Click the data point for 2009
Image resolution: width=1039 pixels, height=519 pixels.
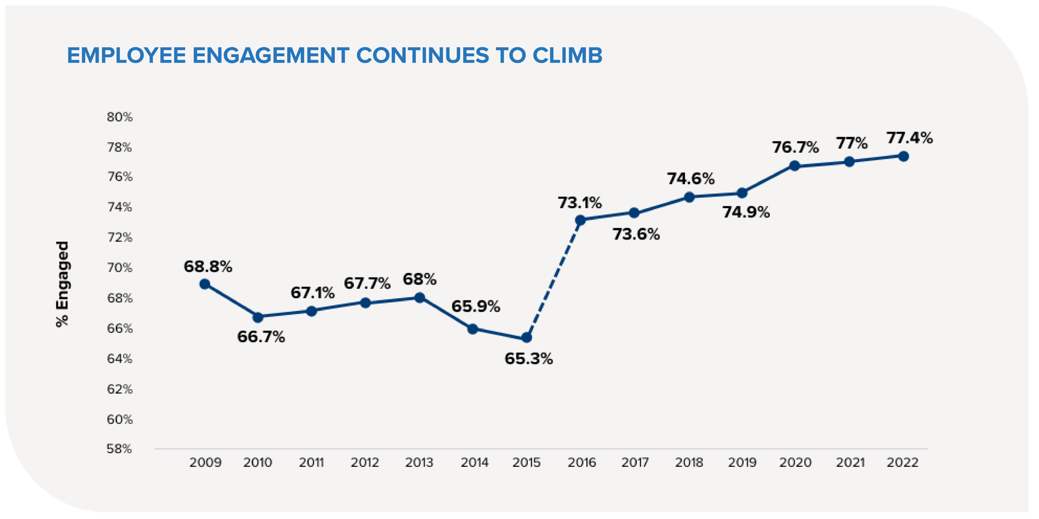pos(205,284)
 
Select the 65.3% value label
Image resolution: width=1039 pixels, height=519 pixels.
pos(528,359)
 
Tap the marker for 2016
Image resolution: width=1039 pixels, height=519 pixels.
pos(580,220)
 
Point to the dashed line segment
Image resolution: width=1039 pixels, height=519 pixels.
pos(554,279)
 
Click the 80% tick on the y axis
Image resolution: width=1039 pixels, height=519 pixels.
pos(120,117)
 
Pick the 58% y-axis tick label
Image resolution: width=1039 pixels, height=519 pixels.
pos(119,449)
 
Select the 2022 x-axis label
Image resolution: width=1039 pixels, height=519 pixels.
pos(902,462)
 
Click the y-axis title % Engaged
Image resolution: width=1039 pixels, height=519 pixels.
pos(62,284)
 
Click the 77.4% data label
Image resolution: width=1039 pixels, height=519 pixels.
pos(909,138)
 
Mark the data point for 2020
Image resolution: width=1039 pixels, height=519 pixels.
pos(795,166)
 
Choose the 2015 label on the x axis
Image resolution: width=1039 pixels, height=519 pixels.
pos(526,462)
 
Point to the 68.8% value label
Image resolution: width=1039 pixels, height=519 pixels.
pos(208,267)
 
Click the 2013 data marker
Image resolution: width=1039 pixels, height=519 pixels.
pos(420,298)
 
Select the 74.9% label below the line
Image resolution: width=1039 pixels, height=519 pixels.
pos(746,212)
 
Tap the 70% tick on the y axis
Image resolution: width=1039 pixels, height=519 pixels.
pos(120,268)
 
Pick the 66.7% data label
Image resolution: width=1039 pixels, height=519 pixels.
pos(261,337)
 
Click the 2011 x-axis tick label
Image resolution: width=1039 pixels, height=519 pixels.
pos(311,462)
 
